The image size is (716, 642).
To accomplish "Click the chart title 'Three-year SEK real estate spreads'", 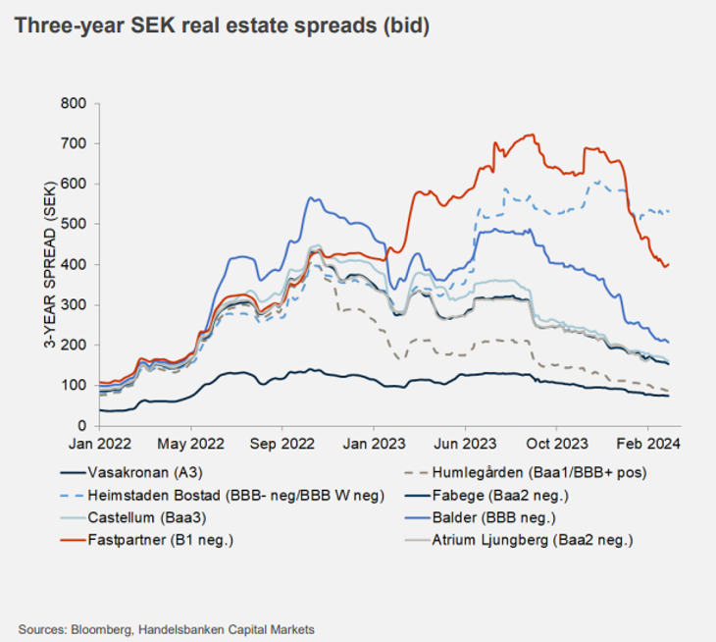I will pos(222,27).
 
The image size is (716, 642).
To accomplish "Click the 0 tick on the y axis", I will pos(82,426).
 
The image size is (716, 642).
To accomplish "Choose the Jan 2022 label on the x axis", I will pos(99,444).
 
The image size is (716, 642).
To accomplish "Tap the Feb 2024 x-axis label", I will pos(648,444).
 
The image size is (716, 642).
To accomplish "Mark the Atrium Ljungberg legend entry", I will pos(525,540).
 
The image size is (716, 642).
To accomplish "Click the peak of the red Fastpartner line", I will pos(530,134).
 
